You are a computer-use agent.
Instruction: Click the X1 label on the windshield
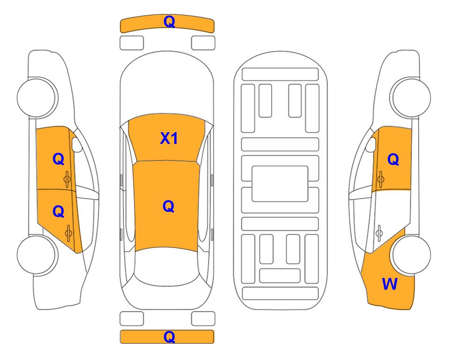pyautogui.click(x=169, y=138)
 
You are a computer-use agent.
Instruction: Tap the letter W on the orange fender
pyautogui.click(x=390, y=284)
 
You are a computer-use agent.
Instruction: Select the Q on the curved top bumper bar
pyautogui.click(x=169, y=22)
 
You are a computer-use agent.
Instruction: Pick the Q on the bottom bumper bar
pyautogui.click(x=169, y=337)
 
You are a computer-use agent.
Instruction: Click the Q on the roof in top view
pyautogui.click(x=169, y=206)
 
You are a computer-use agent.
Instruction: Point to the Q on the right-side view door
pyautogui.click(x=393, y=159)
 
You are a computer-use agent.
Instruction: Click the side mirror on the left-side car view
pyautogui.click(x=76, y=144)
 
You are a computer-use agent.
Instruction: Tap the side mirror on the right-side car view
pyautogui.click(x=371, y=144)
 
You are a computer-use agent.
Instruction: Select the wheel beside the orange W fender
pyautogui.click(x=412, y=255)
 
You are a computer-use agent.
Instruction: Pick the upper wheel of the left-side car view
pyautogui.click(x=37, y=97)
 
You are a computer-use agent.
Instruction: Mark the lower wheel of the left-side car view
pyautogui.click(x=37, y=255)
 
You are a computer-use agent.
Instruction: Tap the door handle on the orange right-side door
pyautogui.click(x=381, y=179)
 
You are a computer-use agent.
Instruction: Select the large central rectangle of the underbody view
pyautogui.click(x=280, y=184)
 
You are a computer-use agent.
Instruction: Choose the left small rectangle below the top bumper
pyautogui.click(x=132, y=43)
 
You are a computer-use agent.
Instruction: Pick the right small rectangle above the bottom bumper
pyautogui.click(x=203, y=319)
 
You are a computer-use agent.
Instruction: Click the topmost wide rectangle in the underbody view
pyautogui.click(x=280, y=75)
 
